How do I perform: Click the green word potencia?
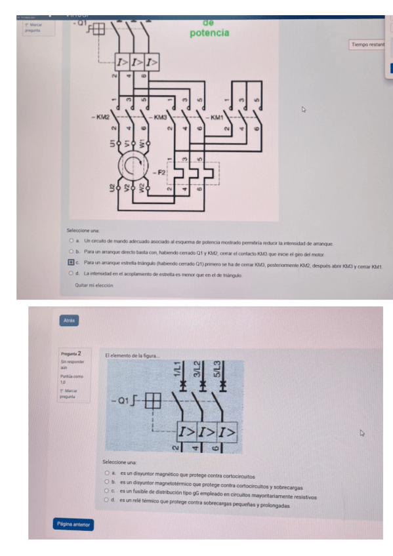(209, 32)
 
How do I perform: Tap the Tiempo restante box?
(370, 45)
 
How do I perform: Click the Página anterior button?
(73, 525)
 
